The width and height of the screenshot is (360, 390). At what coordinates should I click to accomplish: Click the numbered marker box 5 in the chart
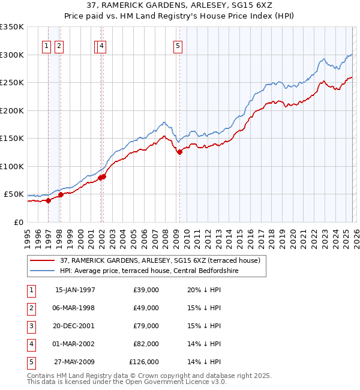click(x=179, y=46)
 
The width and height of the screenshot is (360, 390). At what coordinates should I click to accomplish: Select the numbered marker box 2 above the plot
click(x=59, y=46)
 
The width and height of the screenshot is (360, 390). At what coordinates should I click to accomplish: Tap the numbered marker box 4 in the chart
click(x=102, y=46)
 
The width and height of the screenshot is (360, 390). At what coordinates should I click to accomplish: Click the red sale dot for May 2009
click(x=179, y=152)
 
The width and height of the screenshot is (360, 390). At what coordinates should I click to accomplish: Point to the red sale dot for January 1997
click(x=49, y=201)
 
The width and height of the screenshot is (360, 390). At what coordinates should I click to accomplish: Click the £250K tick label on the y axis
click(x=12, y=83)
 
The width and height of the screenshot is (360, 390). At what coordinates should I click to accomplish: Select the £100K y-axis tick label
click(x=12, y=166)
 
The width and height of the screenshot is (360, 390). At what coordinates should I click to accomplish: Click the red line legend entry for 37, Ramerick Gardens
click(x=160, y=261)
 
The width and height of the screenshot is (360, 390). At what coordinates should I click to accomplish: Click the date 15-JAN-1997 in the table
click(x=75, y=290)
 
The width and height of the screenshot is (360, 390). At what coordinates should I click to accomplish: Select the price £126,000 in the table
click(x=144, y=362)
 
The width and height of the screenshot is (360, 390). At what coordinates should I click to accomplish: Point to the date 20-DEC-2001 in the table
click(x=75, y=326)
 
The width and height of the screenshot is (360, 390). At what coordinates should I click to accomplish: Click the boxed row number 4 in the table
click(x=31, y=344)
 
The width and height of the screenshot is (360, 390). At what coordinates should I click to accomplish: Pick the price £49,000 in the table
click(x=146, y=308)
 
